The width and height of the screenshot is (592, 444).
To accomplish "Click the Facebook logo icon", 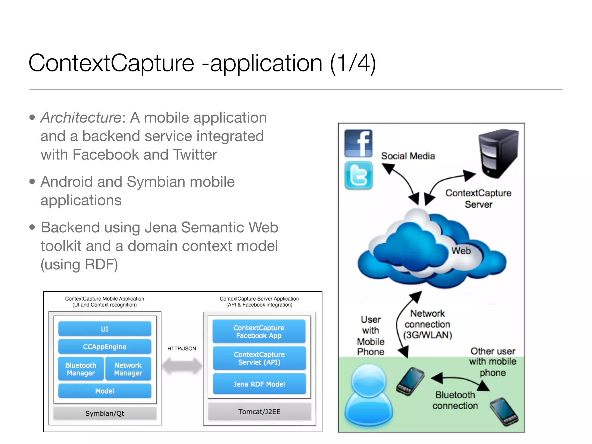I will click(x=358, y=143).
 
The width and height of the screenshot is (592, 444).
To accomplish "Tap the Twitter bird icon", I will click(x=358, y=175).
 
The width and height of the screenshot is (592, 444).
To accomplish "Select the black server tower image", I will click(x=498, y=153).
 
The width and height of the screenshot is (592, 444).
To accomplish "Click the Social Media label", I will click(x=408, y=156).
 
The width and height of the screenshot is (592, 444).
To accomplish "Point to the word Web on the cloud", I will click(x=461, y=251).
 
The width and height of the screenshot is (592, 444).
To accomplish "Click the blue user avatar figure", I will click(x=369, y=396).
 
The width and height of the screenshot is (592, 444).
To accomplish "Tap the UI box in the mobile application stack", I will click(x=105, y=329).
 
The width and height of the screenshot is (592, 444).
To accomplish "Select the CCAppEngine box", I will click(x=105, y=347).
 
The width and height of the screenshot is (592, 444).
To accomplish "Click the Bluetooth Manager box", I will click(x=81, y=369).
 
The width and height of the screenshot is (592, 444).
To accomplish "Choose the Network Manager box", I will click(x=128, y=369).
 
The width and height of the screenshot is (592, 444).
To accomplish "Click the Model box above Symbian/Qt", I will click(x=105, y=391).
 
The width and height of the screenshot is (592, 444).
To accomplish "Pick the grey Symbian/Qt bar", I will click(x=105, y=413).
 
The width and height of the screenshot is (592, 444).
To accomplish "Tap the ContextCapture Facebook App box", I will click(x=259, y=332).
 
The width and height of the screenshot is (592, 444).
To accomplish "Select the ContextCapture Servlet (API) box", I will click(x=259, y=358).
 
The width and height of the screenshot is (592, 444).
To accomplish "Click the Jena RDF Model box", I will click(x=259, y=384).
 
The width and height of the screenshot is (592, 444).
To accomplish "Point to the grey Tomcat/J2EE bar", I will click(x=259, y=411).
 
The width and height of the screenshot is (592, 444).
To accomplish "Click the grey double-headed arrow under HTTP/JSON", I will click(x=182, y=366).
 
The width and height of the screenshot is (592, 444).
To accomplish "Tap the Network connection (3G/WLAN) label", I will click(x=428, y=324).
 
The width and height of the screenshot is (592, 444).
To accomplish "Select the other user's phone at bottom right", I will click(x=504, y=412).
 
